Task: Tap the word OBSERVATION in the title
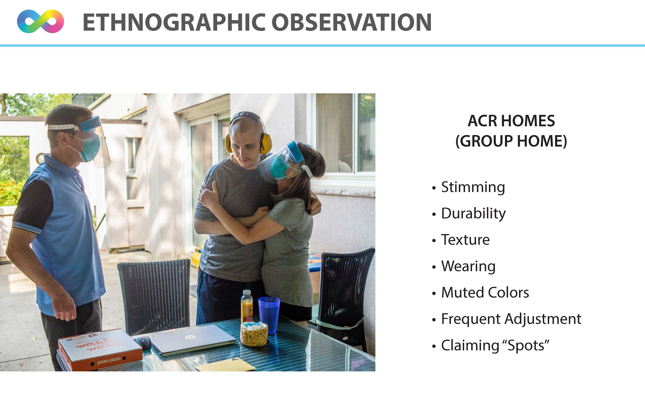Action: (x=352, y=22)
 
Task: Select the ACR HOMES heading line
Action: (x=511, y=121)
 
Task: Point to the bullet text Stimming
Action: (x=473, y=187)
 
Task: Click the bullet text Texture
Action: (x=465, y=240)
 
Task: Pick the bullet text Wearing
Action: (x=468, y=266)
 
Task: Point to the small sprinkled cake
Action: (x=254, y=334)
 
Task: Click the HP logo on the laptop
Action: (x=190, y=337)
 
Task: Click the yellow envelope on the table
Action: (x=225, y=365)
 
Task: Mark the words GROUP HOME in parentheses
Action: (x=511, y=141)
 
